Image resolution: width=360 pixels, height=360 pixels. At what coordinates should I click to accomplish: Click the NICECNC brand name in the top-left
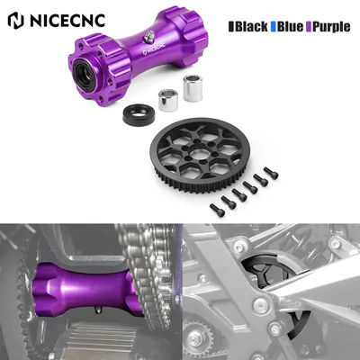pyautogui.click(x=74, y=18)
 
